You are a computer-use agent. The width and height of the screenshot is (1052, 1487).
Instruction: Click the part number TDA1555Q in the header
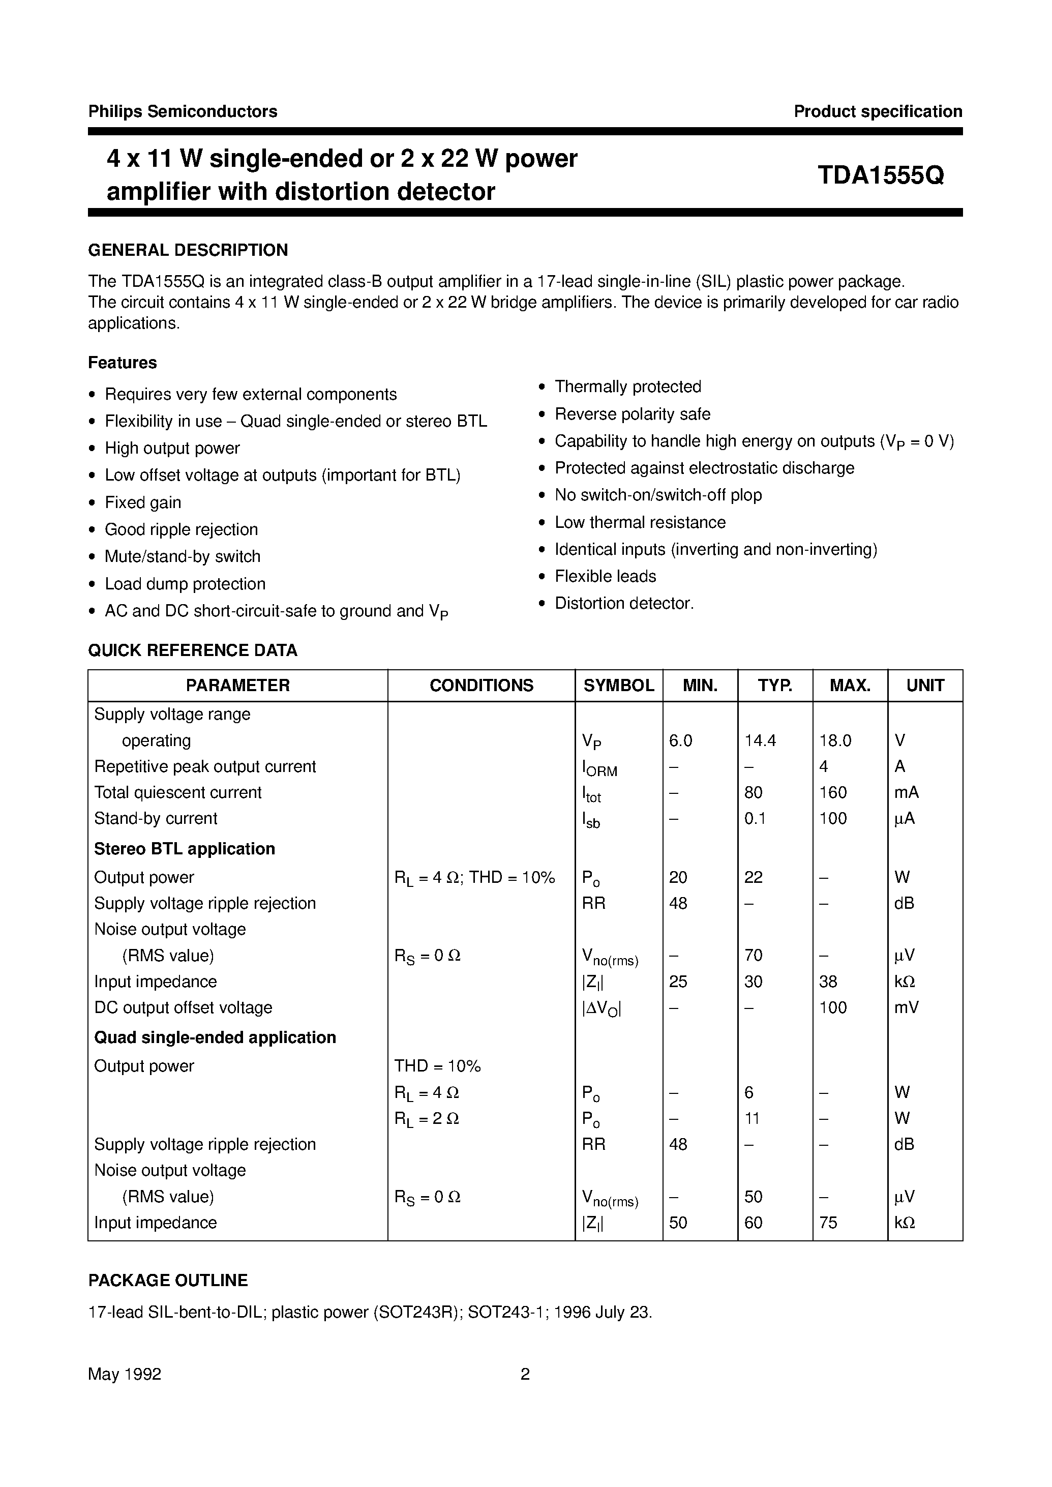coord(880,175)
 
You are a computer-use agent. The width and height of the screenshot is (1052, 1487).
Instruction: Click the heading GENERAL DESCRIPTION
coord(188,250)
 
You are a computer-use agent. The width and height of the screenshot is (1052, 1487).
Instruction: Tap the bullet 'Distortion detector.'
coord(624,603)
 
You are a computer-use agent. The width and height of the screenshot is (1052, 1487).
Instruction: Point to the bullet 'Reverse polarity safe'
coord(632,414)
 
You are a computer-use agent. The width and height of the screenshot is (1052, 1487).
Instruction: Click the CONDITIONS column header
coord(482,686)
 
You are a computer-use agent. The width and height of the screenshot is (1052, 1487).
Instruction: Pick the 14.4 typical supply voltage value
coord(760,740)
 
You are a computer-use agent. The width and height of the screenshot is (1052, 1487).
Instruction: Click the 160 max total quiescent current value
coord(833,792)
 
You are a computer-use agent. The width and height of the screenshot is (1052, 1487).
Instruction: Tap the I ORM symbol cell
coord(599,768)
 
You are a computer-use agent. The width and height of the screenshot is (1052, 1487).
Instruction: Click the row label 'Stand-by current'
coord(156,818)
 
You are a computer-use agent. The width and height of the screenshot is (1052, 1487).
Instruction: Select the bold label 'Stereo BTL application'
coord(185,849)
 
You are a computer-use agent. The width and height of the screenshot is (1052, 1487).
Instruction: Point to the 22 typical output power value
coord(754,877)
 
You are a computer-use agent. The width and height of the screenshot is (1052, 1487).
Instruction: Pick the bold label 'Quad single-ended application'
coord(215,1037)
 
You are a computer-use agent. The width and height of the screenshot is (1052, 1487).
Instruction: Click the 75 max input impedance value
coord(828,1223)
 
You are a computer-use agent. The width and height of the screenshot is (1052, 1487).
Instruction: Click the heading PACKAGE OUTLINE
coord(168,1281)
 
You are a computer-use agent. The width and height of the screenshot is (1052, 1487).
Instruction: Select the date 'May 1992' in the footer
coord(125,1374)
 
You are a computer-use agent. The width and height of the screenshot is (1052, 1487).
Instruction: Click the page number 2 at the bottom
coord(525,1374)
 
